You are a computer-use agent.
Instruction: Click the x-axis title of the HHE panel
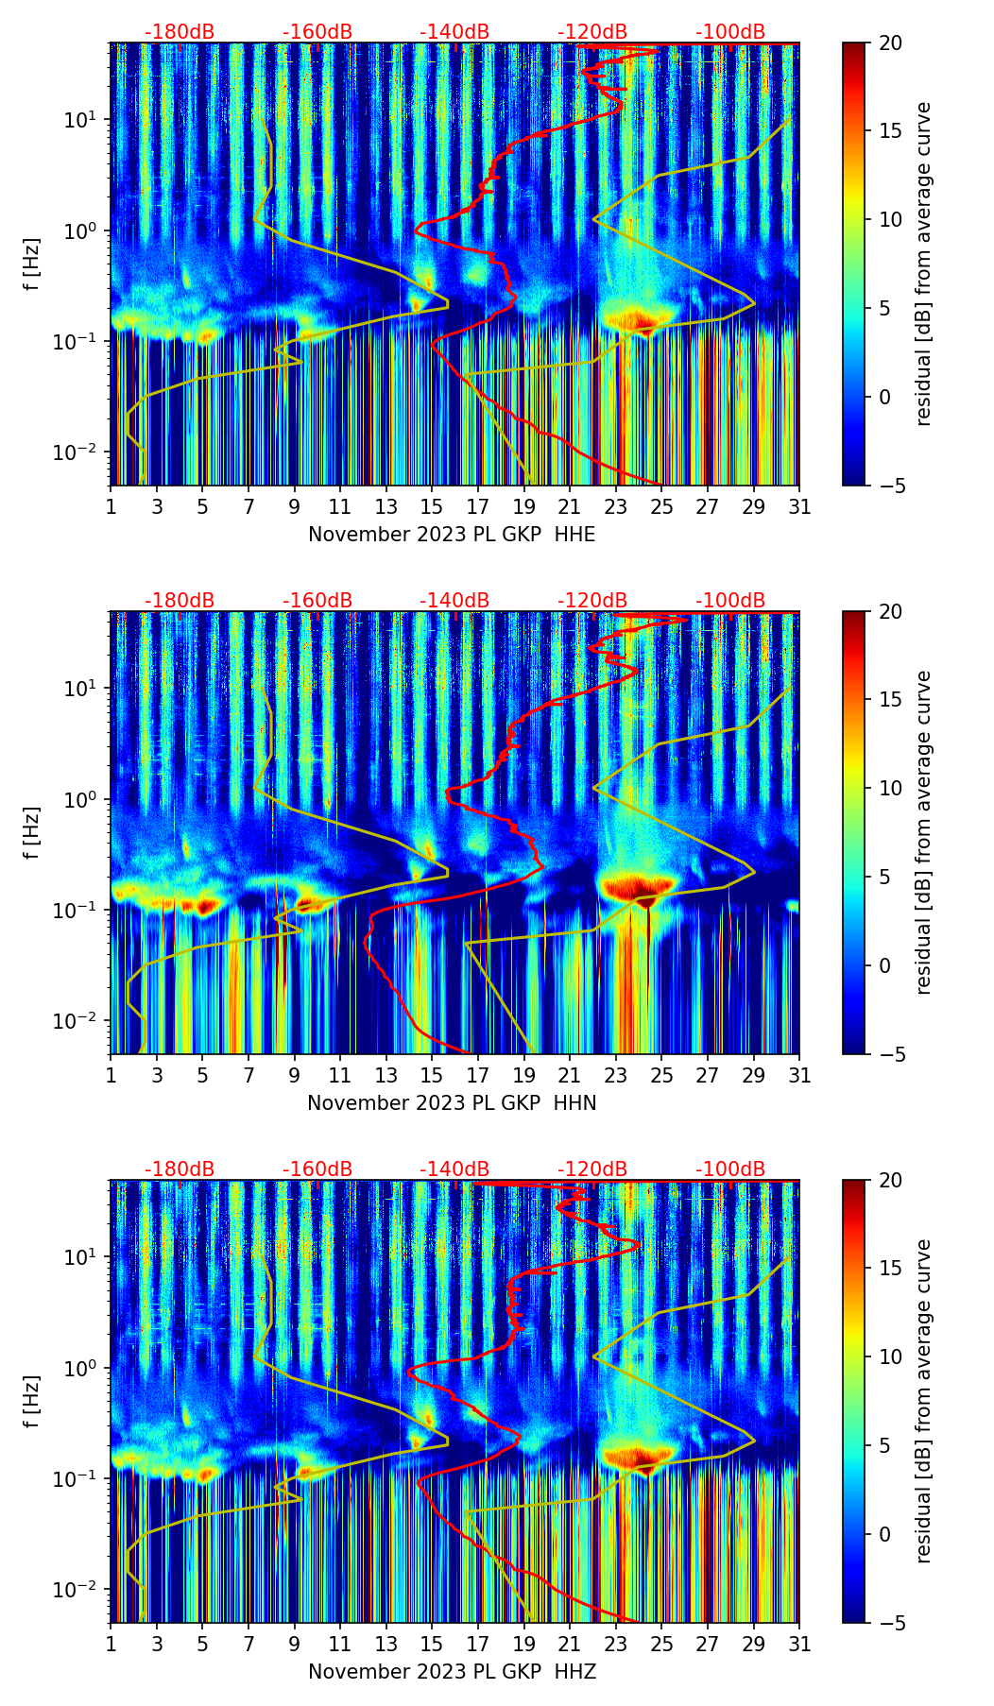click(452, 535)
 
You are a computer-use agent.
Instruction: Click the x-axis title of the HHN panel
click(452, 1103)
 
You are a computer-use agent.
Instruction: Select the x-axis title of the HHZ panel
click(452, 1672)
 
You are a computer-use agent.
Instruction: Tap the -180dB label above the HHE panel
click(180, 32)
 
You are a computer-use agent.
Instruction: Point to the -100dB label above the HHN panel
click(730, 601)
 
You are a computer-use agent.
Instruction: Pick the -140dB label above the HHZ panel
click(454, 1169)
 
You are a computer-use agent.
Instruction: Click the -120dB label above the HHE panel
click(592, 32)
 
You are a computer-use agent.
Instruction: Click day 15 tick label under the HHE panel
click(432, 507)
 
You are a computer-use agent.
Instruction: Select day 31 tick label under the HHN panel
click(799, 1076)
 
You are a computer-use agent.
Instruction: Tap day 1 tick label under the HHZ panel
click(111, 1645)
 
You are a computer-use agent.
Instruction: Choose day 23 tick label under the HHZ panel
click(616, 1645)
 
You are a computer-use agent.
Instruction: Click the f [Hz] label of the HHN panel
click(32, 832)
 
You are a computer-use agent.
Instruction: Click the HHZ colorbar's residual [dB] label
click(923, 1401)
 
